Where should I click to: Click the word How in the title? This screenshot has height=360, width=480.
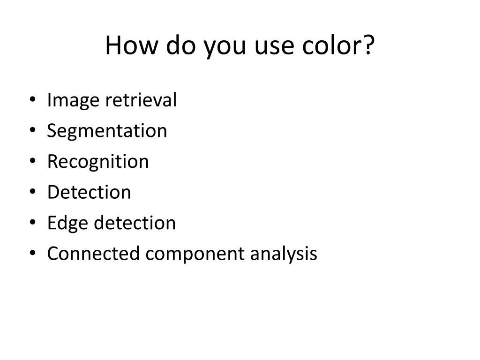pos(132,45)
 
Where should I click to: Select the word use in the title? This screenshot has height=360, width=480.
pos(274,47)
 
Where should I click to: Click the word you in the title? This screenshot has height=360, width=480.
pos(225,49)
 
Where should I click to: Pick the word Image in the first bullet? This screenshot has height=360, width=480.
pos(73,100)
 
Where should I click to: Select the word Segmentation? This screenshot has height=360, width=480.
pos(107,131)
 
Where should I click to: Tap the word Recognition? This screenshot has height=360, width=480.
pos(98,162)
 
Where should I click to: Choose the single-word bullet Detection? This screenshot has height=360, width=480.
pos(89,192)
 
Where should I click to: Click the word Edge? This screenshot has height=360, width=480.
pos(68,223)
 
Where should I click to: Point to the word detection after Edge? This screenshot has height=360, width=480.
pos(135,223)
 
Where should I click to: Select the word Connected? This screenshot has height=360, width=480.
pos(93,254)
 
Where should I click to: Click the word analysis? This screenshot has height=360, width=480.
pos(284,254)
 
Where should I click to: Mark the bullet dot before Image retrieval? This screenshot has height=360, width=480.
pos(33,100)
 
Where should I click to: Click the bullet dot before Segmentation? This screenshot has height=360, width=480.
pos(33,130)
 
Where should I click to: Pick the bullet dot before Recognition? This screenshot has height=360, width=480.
pos(33,161)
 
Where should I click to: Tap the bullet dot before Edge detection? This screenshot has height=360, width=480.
pos(33,222)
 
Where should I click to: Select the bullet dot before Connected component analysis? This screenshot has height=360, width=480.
pos(33,253)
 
